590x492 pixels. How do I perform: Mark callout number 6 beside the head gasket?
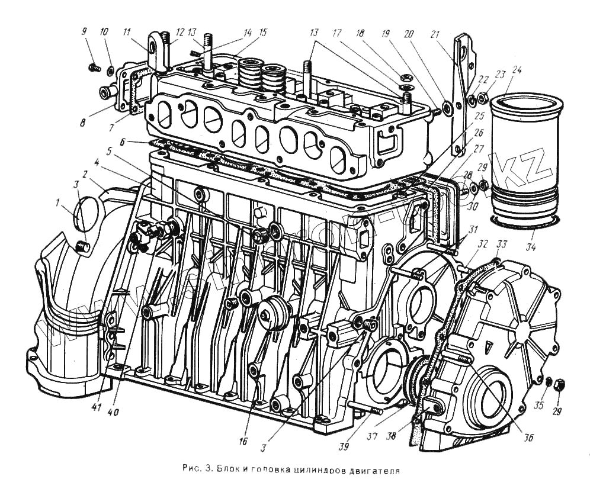tap(122, 143)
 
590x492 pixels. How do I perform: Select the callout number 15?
tap(263, 31)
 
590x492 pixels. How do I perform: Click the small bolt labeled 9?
tap(92, 68)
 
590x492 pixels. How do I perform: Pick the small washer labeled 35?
tap(549, 381)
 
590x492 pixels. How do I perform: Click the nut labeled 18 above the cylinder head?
tap(405, 77)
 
